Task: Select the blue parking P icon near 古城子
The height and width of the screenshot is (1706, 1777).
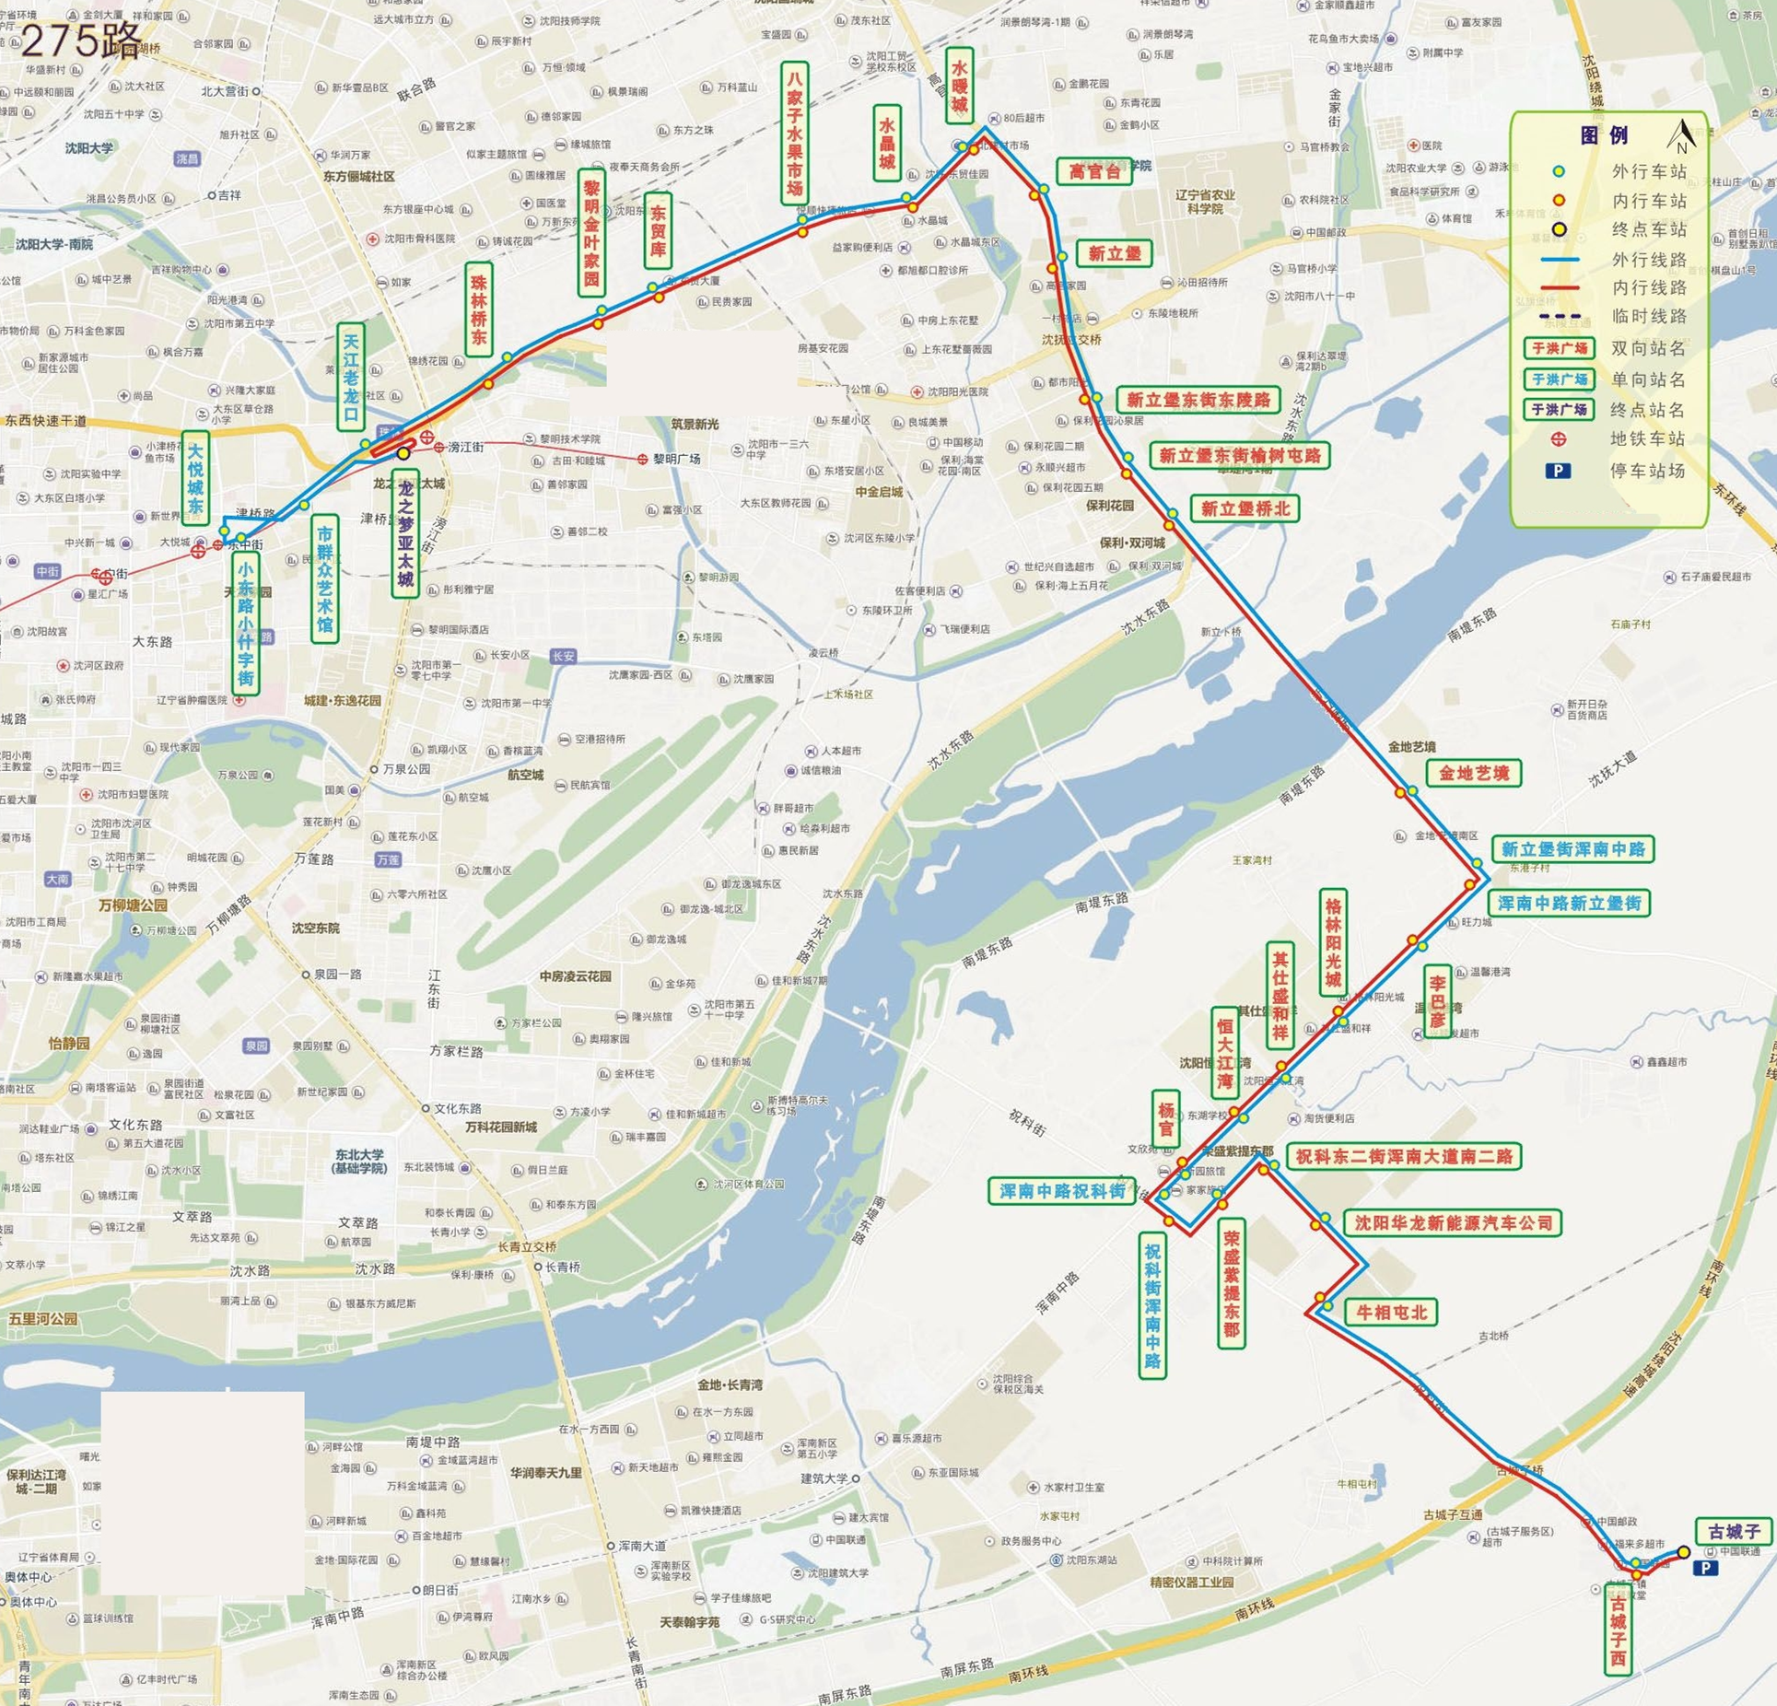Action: pyautogui.click(x=1704, y=1568)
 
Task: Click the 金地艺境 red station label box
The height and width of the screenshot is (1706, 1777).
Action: pyautogui.click(x=1474, y=774)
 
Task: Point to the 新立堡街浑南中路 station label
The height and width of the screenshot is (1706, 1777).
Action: pyautogui.click(x=1572, y=849)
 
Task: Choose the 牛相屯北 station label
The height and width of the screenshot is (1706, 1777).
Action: pyautogui.click(x=1391, y=1313)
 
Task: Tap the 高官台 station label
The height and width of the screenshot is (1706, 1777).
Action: pyautogui.click(x=1094, y=171)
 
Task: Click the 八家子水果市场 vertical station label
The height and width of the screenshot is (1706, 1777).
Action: pyautogui.click(x=794, y=132)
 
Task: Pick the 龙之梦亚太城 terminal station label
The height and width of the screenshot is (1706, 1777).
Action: pyautogui.click(x=404, y=534)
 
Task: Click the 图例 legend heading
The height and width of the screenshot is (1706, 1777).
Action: pyautogui.click(x=1604, y=135)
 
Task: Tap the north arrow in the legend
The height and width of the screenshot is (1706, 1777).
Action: pyautogui.click(x=1682, y=136)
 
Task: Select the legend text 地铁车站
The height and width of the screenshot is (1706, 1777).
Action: pyautogui.click(x=1647, y=439)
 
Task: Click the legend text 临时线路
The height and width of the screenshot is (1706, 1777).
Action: pyautogui.click(x=1649, y=317)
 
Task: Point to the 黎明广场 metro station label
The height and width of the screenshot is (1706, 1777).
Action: pyautogui.click(x=677, y=459)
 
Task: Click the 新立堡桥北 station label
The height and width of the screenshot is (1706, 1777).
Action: pyautogui.click(x=1245, y=508)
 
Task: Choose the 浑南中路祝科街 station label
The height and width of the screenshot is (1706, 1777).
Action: pyautogui.click(x=1062, y=1191)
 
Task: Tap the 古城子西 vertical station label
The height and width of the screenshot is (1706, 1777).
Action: pyautogui.click(x=1619, y=1631)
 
